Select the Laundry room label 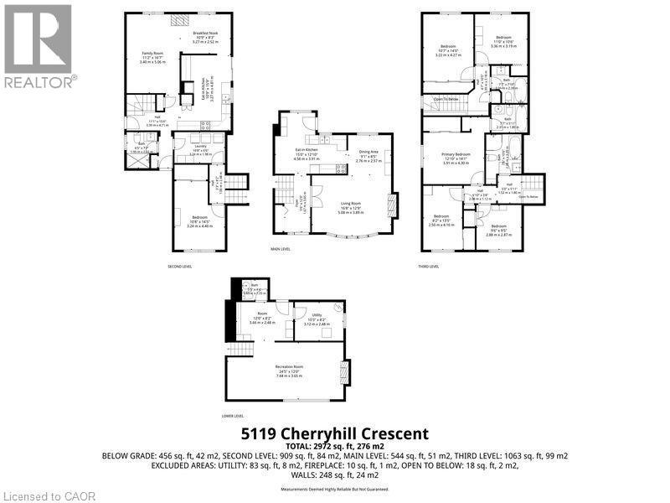click(x=201, y=146)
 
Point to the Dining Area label click(x=368, y=151)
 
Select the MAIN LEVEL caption click(x=279, y=248)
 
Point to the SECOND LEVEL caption click(x=180, y=266)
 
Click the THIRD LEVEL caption click(x=428, y=266)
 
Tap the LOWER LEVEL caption click(x=233, y=415)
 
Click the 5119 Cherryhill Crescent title click(x=334, y=433)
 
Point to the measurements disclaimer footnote click(x=335, y=489)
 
